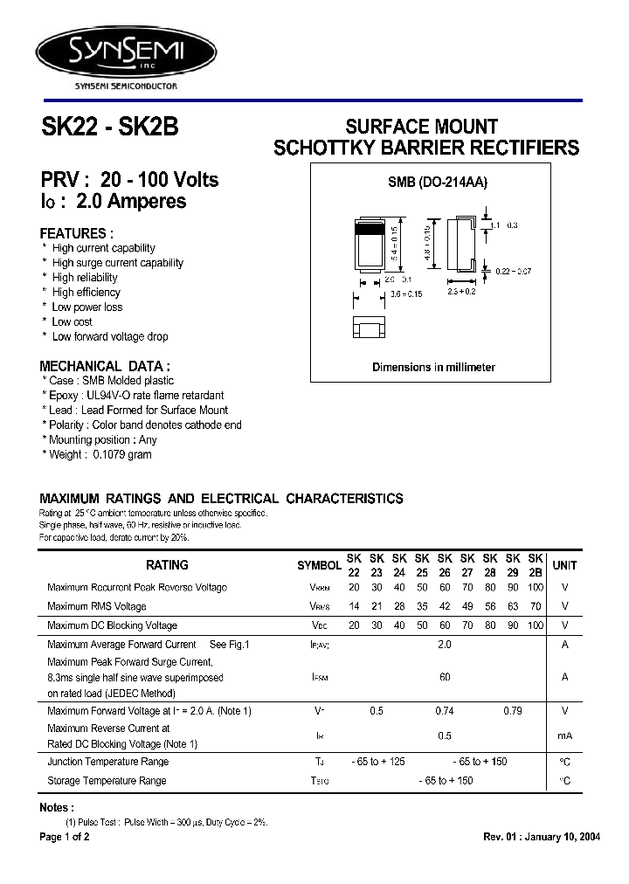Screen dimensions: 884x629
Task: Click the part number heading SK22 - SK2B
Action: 109,128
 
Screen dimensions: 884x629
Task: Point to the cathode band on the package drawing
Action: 368,229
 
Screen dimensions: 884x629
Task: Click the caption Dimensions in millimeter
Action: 433,367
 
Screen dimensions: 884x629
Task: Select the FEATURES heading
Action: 77,233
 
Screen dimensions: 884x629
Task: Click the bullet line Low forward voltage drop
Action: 109,336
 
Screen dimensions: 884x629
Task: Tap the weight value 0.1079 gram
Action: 121,454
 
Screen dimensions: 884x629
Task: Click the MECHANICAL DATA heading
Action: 105,366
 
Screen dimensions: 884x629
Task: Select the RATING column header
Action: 167,565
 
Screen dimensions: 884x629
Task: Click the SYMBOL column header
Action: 319,566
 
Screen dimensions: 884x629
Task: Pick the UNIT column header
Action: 565,566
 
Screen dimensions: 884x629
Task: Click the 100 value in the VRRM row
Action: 536,588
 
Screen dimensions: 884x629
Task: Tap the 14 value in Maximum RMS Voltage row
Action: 354,606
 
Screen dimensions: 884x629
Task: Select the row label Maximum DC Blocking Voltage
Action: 112,625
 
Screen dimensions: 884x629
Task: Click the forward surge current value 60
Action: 445,677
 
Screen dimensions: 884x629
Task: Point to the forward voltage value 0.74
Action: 445,711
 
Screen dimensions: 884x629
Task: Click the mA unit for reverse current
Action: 565,736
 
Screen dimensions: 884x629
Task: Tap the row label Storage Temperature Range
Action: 107,780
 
